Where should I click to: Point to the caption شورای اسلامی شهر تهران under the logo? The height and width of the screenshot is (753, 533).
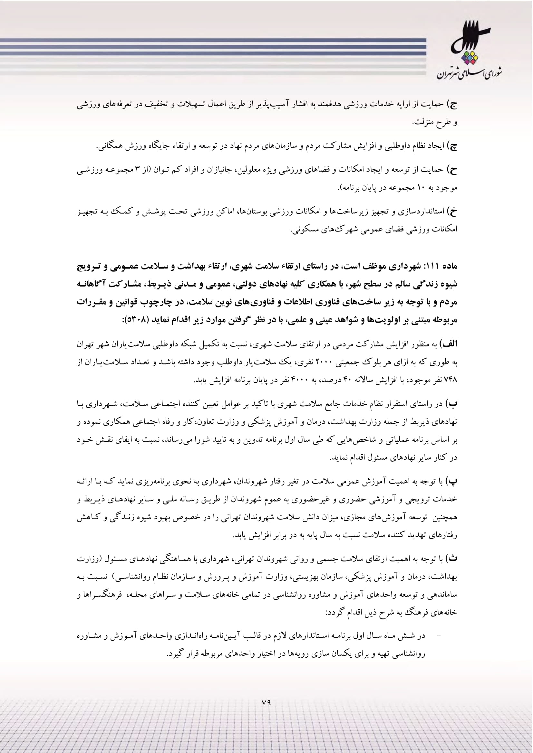click(469, 74)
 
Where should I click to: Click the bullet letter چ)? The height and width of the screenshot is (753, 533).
click(452, 146)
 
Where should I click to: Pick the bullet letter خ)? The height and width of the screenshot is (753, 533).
click(452, 212)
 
